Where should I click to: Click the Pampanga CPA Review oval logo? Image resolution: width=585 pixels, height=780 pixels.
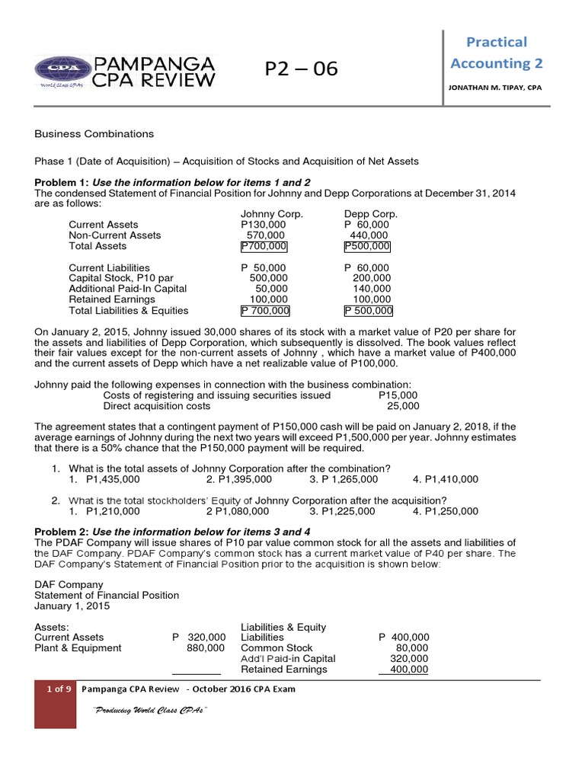61,70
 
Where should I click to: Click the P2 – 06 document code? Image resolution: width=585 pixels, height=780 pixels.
301,69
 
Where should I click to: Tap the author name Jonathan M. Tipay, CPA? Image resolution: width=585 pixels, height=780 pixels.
496,88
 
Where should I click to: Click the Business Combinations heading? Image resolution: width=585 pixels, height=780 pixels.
94,133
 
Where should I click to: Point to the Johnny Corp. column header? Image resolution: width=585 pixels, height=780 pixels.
272,214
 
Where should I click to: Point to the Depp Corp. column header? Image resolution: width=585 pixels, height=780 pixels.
371,214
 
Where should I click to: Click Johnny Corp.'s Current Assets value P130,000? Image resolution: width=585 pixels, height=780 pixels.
264,225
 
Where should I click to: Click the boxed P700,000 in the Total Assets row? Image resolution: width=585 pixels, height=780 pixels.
264,246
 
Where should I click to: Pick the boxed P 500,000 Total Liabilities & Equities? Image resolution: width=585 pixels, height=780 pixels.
369,310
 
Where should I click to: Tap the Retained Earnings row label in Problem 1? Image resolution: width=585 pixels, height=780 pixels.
110,299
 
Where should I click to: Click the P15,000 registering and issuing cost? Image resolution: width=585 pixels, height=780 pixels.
398,395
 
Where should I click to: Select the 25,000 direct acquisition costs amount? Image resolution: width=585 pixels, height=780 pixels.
403,406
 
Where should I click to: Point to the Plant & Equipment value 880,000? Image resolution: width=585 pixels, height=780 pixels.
206,647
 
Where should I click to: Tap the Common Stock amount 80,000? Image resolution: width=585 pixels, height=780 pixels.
412,647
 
